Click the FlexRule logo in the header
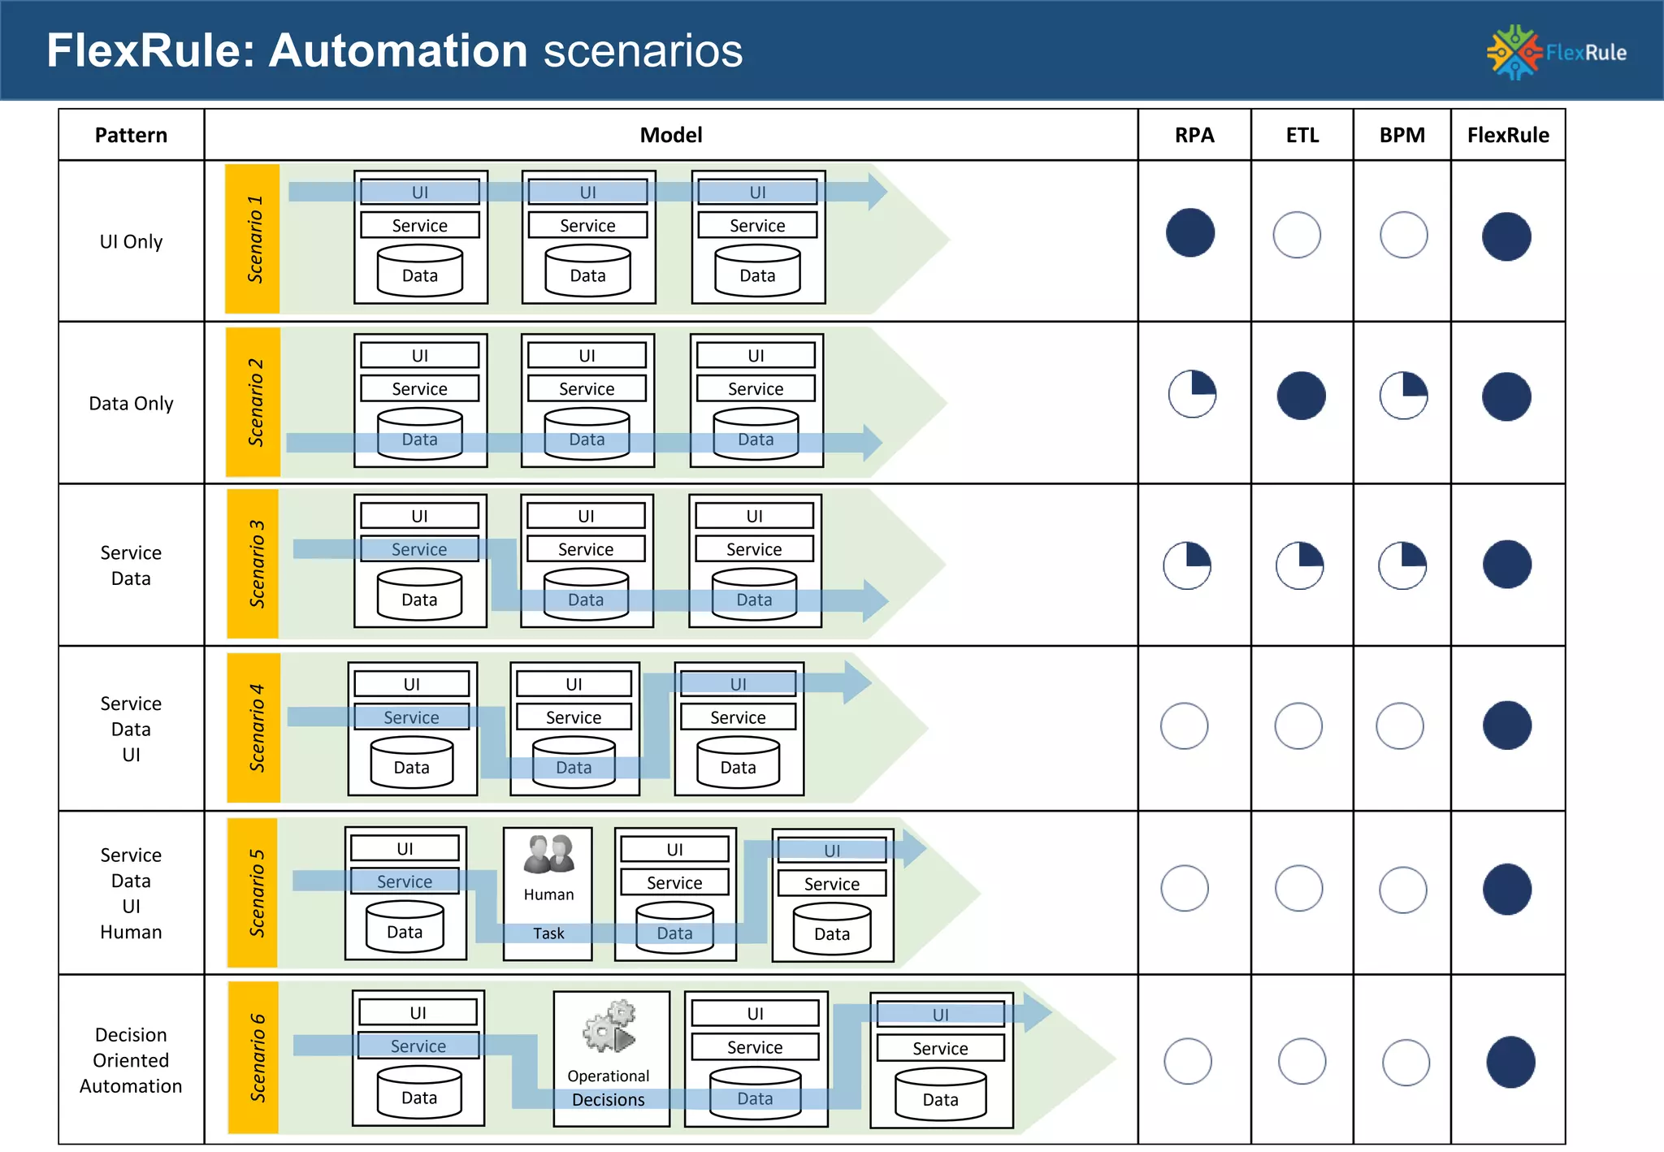[1555, 52]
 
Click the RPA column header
[1194, 135]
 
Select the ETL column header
[1302, 135]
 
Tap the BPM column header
[1402, 135]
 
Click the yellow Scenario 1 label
[253, 239]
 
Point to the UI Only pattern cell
[131, 241]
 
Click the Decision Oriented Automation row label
[131, 1060]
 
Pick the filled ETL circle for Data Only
[1301, 396]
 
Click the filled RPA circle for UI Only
[1190, 233]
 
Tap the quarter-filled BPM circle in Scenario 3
[1402, 565]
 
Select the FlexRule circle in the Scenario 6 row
[1510, 1062]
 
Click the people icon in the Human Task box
[548, 854]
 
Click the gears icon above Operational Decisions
[610, 1026]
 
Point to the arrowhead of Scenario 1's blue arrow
[877, 192]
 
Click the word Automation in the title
[398, 50]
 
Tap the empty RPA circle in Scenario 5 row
[1184, 888]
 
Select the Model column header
[670, 135]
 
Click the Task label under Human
[548, 933]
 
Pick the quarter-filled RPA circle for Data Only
[1192, 395]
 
